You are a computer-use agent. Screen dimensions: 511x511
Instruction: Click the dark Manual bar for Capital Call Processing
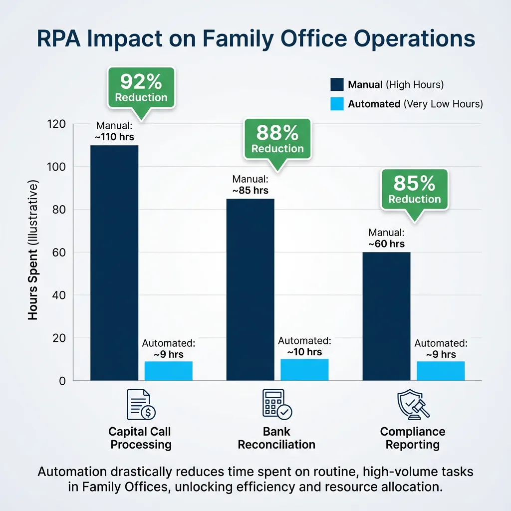pos(114,263)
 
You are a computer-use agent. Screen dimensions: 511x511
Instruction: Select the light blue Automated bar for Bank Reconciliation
pos(304,370)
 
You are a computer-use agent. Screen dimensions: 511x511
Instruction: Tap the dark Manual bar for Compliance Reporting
pos(386,316)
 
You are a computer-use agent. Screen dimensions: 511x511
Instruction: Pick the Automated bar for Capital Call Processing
pos(168,371)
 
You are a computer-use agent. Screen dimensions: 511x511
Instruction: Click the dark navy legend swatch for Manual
pos(337,85)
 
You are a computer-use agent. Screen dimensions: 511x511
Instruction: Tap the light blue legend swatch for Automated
pos(337,104)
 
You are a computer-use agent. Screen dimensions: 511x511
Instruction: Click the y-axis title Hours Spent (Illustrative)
pos(33,252)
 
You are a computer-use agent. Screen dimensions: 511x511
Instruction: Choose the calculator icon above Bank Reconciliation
pos(276,405)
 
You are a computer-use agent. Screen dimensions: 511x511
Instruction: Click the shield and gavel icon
pos(412,405)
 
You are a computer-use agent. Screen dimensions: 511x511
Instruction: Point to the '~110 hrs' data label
pos(114,136)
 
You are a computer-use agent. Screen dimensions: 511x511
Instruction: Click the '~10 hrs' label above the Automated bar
pos(304,352)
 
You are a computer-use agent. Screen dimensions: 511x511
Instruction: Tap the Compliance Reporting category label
pos(412,438)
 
